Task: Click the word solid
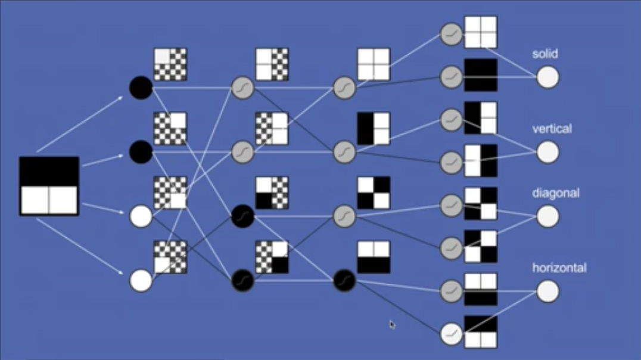545,54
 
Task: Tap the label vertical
552,129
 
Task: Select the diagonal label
556,193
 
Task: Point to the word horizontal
559,268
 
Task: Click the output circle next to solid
547,77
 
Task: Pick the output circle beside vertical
547,152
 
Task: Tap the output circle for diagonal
547,216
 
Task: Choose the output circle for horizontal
547,291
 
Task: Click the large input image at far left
49,186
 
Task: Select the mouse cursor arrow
392,324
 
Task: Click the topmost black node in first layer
141,88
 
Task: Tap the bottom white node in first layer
141,280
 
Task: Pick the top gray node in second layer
243,88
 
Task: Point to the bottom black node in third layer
344,280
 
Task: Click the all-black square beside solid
481,75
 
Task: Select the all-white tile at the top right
481,32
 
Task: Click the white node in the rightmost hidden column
452,334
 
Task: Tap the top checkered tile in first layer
170,64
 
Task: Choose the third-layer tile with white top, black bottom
374,257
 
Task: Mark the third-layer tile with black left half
374,129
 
